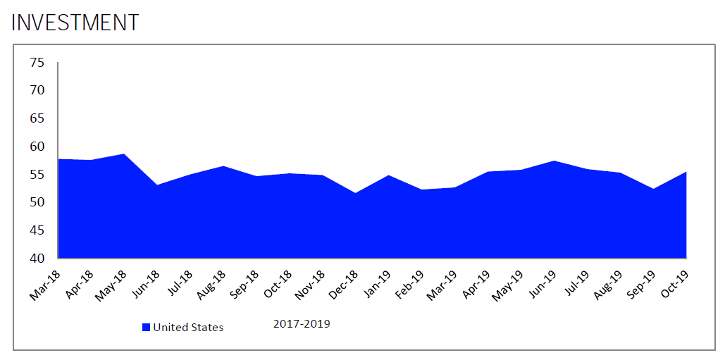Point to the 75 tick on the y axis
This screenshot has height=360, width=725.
(37, 63)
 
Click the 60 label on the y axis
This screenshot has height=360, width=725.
(37, 147)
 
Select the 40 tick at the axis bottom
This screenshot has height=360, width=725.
(37, 258)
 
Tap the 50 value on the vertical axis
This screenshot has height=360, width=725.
(37, 202)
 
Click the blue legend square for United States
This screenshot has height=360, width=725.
(147, 327)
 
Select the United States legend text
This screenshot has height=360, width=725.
(188, 327)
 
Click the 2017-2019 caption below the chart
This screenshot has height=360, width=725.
(301, 324)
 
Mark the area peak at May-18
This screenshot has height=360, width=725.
(124, 154)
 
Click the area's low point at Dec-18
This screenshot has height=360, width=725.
(356, 193)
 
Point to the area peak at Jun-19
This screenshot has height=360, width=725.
(554, 161)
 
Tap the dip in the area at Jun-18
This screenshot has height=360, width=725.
(157, 185)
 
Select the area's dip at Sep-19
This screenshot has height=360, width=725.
(654, 189)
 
